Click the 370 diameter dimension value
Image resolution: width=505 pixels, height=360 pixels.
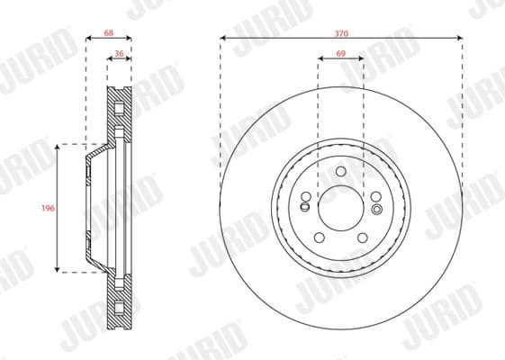pyautogui.click(x=341, y=32)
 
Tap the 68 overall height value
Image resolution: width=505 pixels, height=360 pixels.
pyautogui.click(x=108, y=32)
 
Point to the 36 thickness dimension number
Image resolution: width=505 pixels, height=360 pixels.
pyautogui.click(x=120, y=55)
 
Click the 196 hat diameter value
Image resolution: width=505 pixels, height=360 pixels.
pyautogui.click(x=49, y=208)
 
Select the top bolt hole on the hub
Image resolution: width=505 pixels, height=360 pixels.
pyautogui.click(x=341, y=171)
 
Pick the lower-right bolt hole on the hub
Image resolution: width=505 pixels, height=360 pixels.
pyautogui.click(x=363, y=237)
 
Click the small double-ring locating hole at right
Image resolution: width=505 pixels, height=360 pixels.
pyautogui.click(x=376, y=206)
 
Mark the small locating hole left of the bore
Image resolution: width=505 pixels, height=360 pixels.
pyautogui.click(x=306, y=207)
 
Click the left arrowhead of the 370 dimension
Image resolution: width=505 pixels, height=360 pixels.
pyautogui.click(x=222, y=39)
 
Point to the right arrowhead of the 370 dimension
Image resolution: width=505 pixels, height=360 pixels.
pyautogui.click(x=460, y=39)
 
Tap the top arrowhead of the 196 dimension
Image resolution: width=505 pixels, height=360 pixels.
pyautogui.click(x=59, y=146)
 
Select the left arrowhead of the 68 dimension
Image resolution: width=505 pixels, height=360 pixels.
pyautogui.click(x=88, y=40)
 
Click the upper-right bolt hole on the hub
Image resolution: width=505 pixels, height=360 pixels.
pyautogui.click(x=375, y=196)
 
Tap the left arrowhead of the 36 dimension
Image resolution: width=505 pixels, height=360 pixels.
pyautogui.click(x=110, y=62)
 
